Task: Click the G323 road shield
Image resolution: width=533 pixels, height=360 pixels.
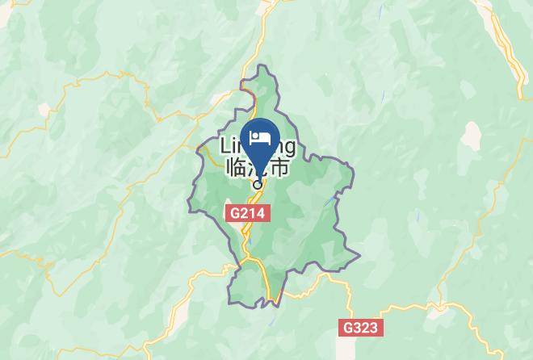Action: pyautogui.click(x=359, y=329)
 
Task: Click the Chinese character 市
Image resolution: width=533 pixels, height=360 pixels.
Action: pyautogui.click(x=279, y=169)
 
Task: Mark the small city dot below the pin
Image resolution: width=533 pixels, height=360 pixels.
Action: pyautogui.click(x=258, y=185)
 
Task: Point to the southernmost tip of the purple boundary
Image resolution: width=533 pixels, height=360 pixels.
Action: pyautogui.click(x=277, y=305)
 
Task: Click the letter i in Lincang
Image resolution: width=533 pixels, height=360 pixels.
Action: pyautogui.click(x=234, y=147)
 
